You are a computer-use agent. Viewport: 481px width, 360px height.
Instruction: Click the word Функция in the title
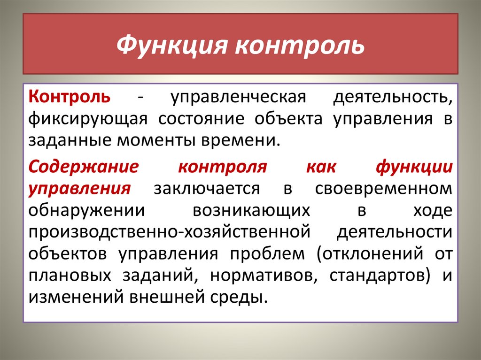tap(172, 46)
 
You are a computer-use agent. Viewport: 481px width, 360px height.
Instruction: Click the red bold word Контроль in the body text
tap(70, 96)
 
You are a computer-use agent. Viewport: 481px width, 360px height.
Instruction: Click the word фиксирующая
tap(88, 119)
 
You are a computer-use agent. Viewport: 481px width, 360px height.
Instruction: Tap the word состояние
tap(201, 119)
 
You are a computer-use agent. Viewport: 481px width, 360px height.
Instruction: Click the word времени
tap(241, 141)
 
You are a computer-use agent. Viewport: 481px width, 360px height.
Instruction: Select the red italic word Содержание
tap(84, 167)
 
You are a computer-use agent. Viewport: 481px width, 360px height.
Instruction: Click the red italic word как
tap(321, 168)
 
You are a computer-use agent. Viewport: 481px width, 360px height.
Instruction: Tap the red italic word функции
tap(414, 168)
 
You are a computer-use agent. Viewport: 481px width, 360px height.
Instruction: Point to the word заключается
tap(207, 189)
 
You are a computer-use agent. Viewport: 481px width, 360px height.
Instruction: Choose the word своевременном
tap(384, 189)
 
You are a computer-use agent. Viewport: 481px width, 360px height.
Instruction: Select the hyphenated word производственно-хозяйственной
tap(170, 232)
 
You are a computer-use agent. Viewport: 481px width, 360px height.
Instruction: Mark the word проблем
tap(267, 254)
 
